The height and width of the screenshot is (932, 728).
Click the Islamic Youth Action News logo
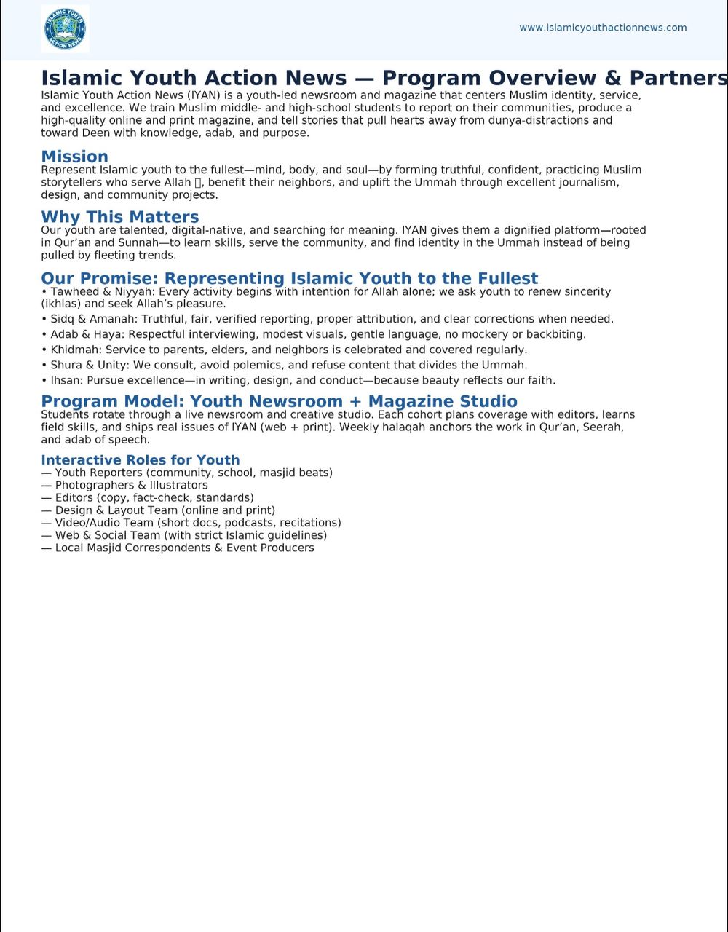(65, 29)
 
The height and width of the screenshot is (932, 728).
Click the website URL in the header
(602, 28)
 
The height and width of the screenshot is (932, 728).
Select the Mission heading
(74, 157)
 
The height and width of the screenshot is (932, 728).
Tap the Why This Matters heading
(119, 217)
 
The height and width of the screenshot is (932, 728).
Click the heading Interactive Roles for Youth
(140, 460)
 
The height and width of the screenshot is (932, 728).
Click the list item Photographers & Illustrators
(131, 485)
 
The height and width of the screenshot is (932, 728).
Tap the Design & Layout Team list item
(165, 510)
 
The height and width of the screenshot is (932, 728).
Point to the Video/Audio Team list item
(197, 523)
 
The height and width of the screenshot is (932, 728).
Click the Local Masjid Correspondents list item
(184, 548)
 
